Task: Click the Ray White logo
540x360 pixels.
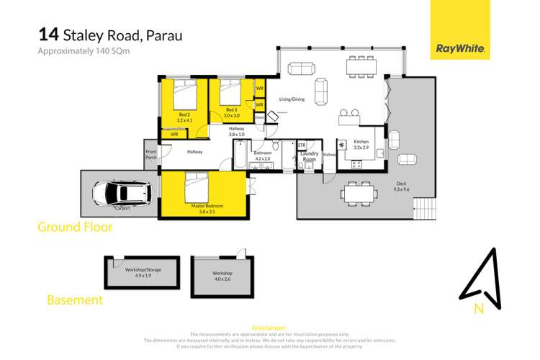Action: (x=460, y=50)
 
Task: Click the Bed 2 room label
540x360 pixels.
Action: (x=185, y=117)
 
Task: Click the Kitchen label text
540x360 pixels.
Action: (x=361, y=144)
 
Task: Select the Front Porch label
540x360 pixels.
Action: (x=150, y=154)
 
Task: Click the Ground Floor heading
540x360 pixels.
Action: (x=75, y=228)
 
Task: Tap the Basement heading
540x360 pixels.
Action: (x=75, y=300)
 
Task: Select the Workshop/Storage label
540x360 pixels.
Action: (x=140, y=272)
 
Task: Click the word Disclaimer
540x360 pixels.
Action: (x=269, y=328)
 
